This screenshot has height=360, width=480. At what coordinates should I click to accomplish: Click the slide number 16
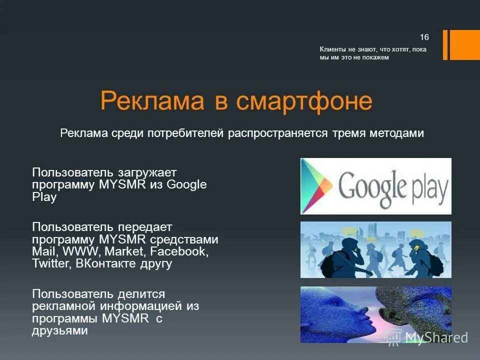pos(424,37)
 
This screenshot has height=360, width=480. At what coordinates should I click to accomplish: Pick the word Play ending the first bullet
pos(44,197)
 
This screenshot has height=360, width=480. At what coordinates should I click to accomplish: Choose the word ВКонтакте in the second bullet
pos(104,263)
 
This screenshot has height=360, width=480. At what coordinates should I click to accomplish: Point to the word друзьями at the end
pos(60,330)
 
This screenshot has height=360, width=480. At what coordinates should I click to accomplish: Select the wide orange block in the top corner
pos(465,45)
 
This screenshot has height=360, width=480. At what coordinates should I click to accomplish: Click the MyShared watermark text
pos(436,338)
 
